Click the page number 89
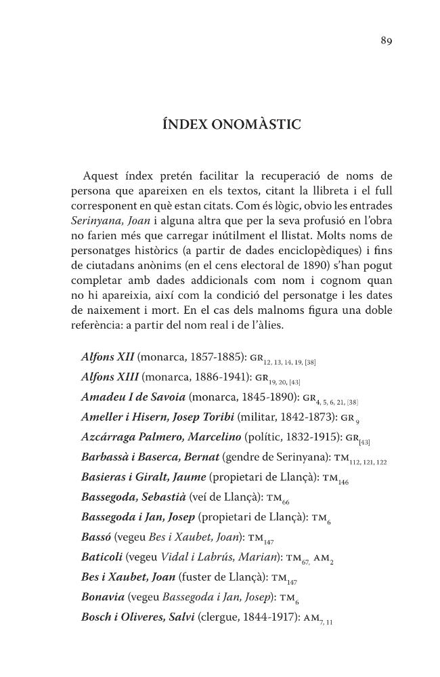click(386, 40)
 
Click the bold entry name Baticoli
click(102, 558)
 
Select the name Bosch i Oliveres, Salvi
click(137, 619)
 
